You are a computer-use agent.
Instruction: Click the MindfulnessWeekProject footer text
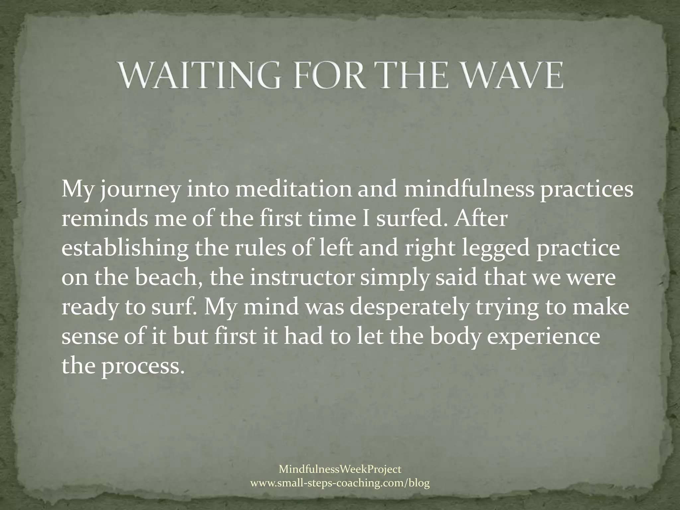(x=340, y=469)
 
